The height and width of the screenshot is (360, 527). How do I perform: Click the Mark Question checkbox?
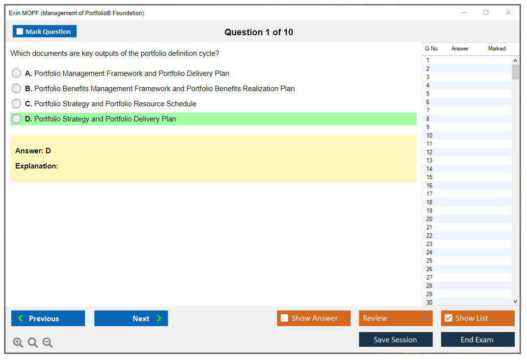20,31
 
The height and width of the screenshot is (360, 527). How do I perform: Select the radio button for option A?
16,73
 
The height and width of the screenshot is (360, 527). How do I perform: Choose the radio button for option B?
16,88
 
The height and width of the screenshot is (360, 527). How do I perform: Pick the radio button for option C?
16,103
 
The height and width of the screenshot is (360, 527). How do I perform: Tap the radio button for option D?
16,119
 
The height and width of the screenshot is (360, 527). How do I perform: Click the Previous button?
48,318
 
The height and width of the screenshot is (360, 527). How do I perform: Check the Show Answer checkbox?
284,318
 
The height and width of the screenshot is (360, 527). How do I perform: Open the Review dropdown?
396,318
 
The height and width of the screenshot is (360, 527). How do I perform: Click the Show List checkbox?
449,318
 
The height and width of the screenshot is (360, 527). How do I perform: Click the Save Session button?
396,339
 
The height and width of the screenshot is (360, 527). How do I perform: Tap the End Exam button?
477,339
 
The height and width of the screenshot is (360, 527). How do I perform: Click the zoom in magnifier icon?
18,342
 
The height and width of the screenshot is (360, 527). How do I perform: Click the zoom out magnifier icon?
48,342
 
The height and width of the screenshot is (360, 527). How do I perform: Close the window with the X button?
508,12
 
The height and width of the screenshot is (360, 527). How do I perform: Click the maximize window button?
486,12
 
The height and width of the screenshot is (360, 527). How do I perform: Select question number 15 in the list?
429,177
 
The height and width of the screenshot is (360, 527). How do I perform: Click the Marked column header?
497,48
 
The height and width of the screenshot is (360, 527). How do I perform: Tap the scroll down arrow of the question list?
516,302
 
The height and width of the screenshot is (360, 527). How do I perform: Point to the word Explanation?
37,166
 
